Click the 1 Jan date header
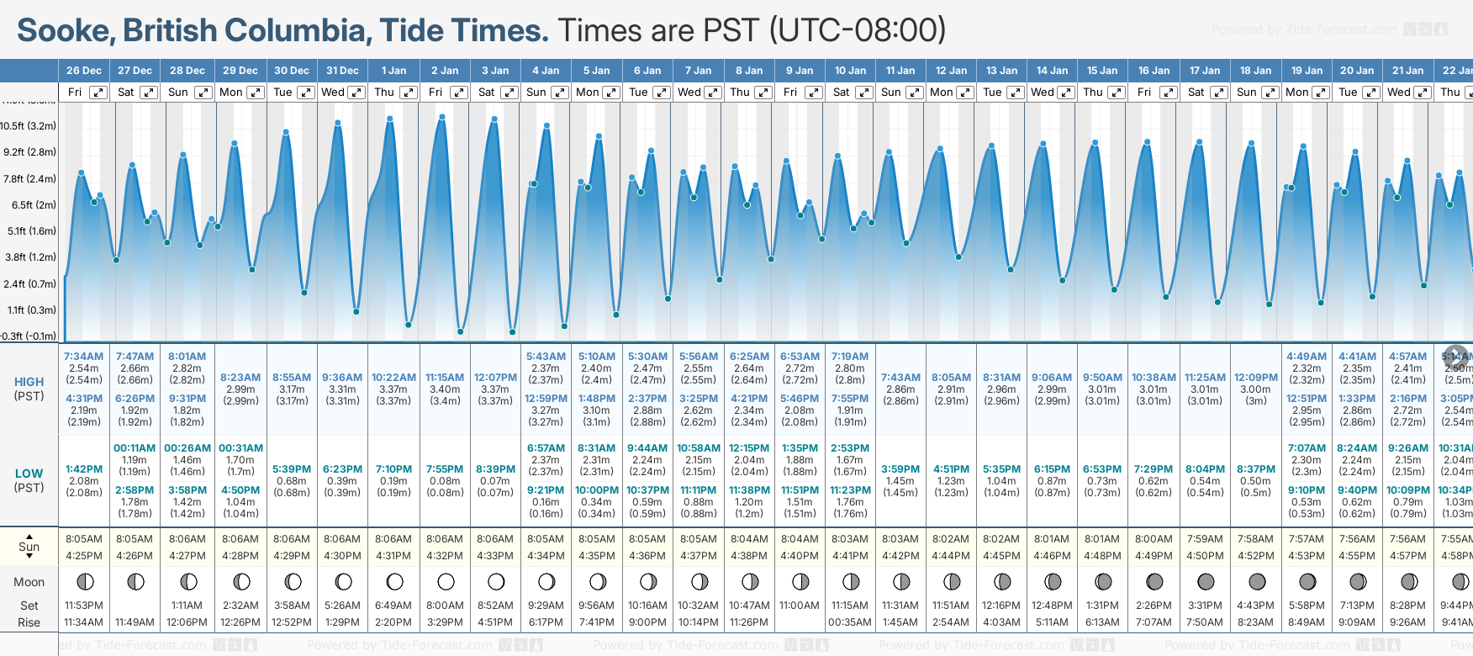pos(393,71)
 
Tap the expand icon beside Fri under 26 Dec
pos(98,93)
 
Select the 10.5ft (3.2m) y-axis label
pos(29,126)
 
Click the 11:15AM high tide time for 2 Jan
pos(445,378)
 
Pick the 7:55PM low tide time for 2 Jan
pos(445,469)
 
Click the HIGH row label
pos(29,382)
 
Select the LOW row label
pos(29,473)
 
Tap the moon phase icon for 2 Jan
pos(446,582)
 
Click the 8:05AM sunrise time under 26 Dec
pos(83,539)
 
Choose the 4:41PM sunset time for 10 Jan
pos(850,556)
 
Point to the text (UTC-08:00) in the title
pos(858,30)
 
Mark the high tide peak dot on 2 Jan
pos(442,117)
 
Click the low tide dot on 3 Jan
pos(512,332)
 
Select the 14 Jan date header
pos(1052,71)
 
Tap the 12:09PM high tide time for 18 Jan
pos(1255,378)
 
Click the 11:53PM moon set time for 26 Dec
pos(83,606)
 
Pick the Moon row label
pos(29,582)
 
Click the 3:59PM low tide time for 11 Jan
pos(900,469)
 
